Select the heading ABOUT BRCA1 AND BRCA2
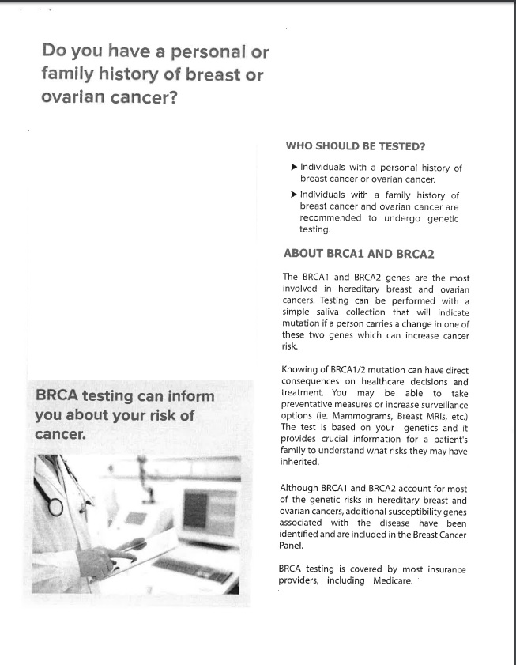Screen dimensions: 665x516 click(358, 254)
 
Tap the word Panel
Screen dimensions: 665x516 click(291, 546)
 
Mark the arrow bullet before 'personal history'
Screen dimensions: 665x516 click(294, 168)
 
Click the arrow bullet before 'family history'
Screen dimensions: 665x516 click(294, 195)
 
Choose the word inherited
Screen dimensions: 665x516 click(299, 462)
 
